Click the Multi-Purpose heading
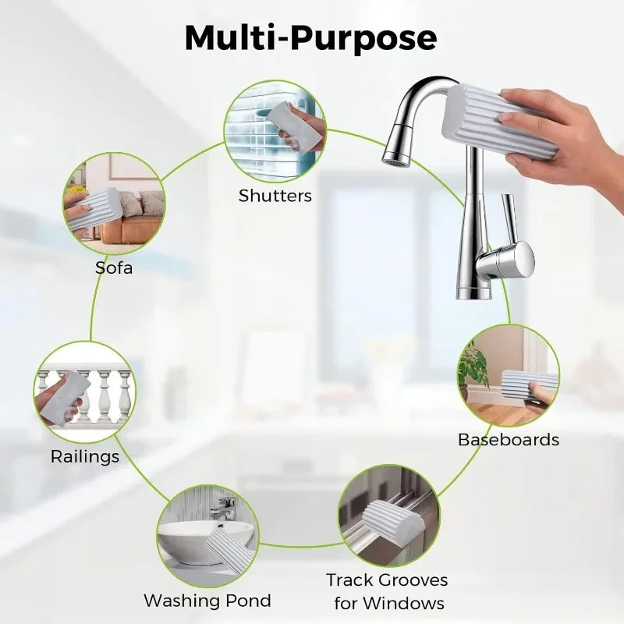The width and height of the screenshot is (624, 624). (x=310, y=38)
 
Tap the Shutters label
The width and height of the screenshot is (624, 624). (x=275, y=196)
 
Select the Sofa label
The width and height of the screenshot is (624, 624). (x=114, y=268)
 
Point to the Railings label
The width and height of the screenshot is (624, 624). (x=85, y=457)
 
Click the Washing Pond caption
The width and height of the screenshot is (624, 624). (x=207, y=601)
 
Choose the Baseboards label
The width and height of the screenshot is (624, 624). (x=509, y=440)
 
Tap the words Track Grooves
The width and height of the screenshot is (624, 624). (x=387, y=580)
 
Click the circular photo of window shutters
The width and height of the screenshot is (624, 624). (x=275, y=132)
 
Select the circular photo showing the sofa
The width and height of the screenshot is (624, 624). (x=114, y=204)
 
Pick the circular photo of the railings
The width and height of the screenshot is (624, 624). (x=85, y=392)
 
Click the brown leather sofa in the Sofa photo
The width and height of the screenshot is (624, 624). (x=129, y=229)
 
